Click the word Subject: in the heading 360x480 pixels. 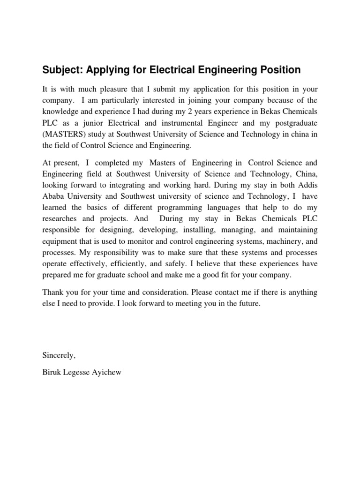coord(60,70)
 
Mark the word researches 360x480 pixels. coord(60,219)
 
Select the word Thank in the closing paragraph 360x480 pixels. coord(52,292)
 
